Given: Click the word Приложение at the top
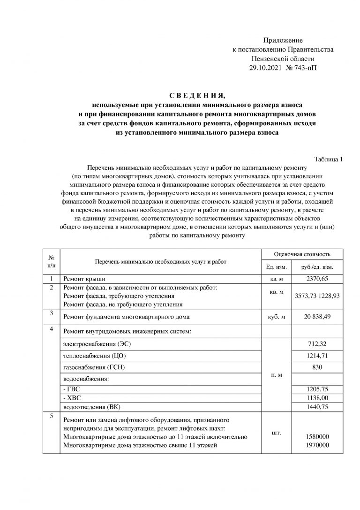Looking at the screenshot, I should click(283, 41).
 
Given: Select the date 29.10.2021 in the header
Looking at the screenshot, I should click(265, 68).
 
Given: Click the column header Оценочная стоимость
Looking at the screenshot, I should click(302, 254).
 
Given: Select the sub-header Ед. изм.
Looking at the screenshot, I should click(276, 268).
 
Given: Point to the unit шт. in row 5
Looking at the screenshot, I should click(277, 432).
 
